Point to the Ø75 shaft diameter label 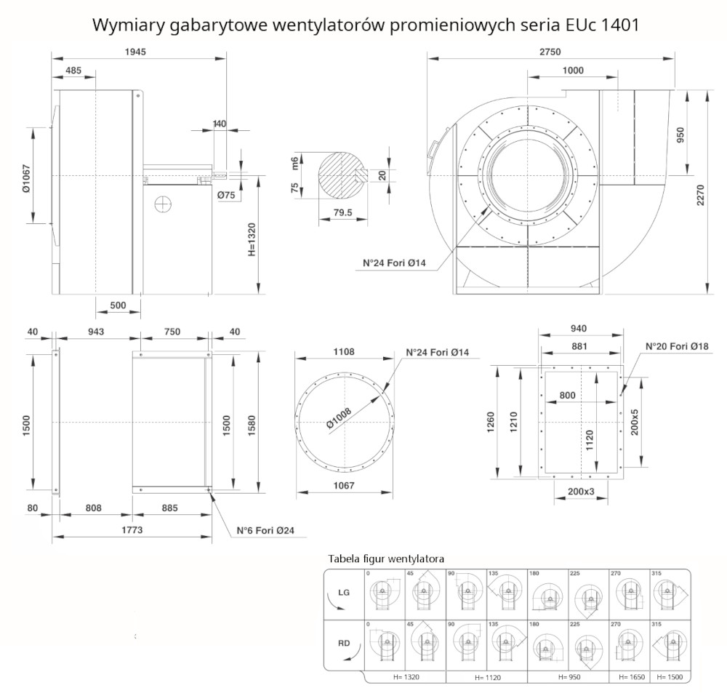click(x=227, y=194)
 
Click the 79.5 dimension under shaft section click(x=342, y=213)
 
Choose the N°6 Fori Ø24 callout click(x=265, y=531)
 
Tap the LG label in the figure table click(x=344, y=593)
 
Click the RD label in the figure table click(x=344, y=643)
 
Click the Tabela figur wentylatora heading click(x=386, y=559)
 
